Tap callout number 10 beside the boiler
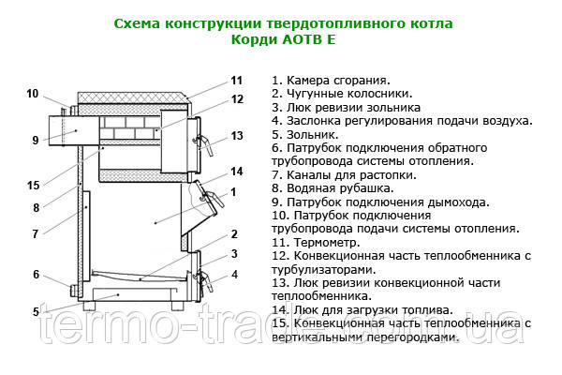(33, 94)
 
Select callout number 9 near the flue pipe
(35, 141)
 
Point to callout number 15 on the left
(34, 185)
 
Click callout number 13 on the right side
(237, 136)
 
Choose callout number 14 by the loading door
(237, 171)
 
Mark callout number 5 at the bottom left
(35, 312)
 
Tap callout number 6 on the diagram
(36, 275)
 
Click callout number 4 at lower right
(234, 275)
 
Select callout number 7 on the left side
(35, 234)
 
